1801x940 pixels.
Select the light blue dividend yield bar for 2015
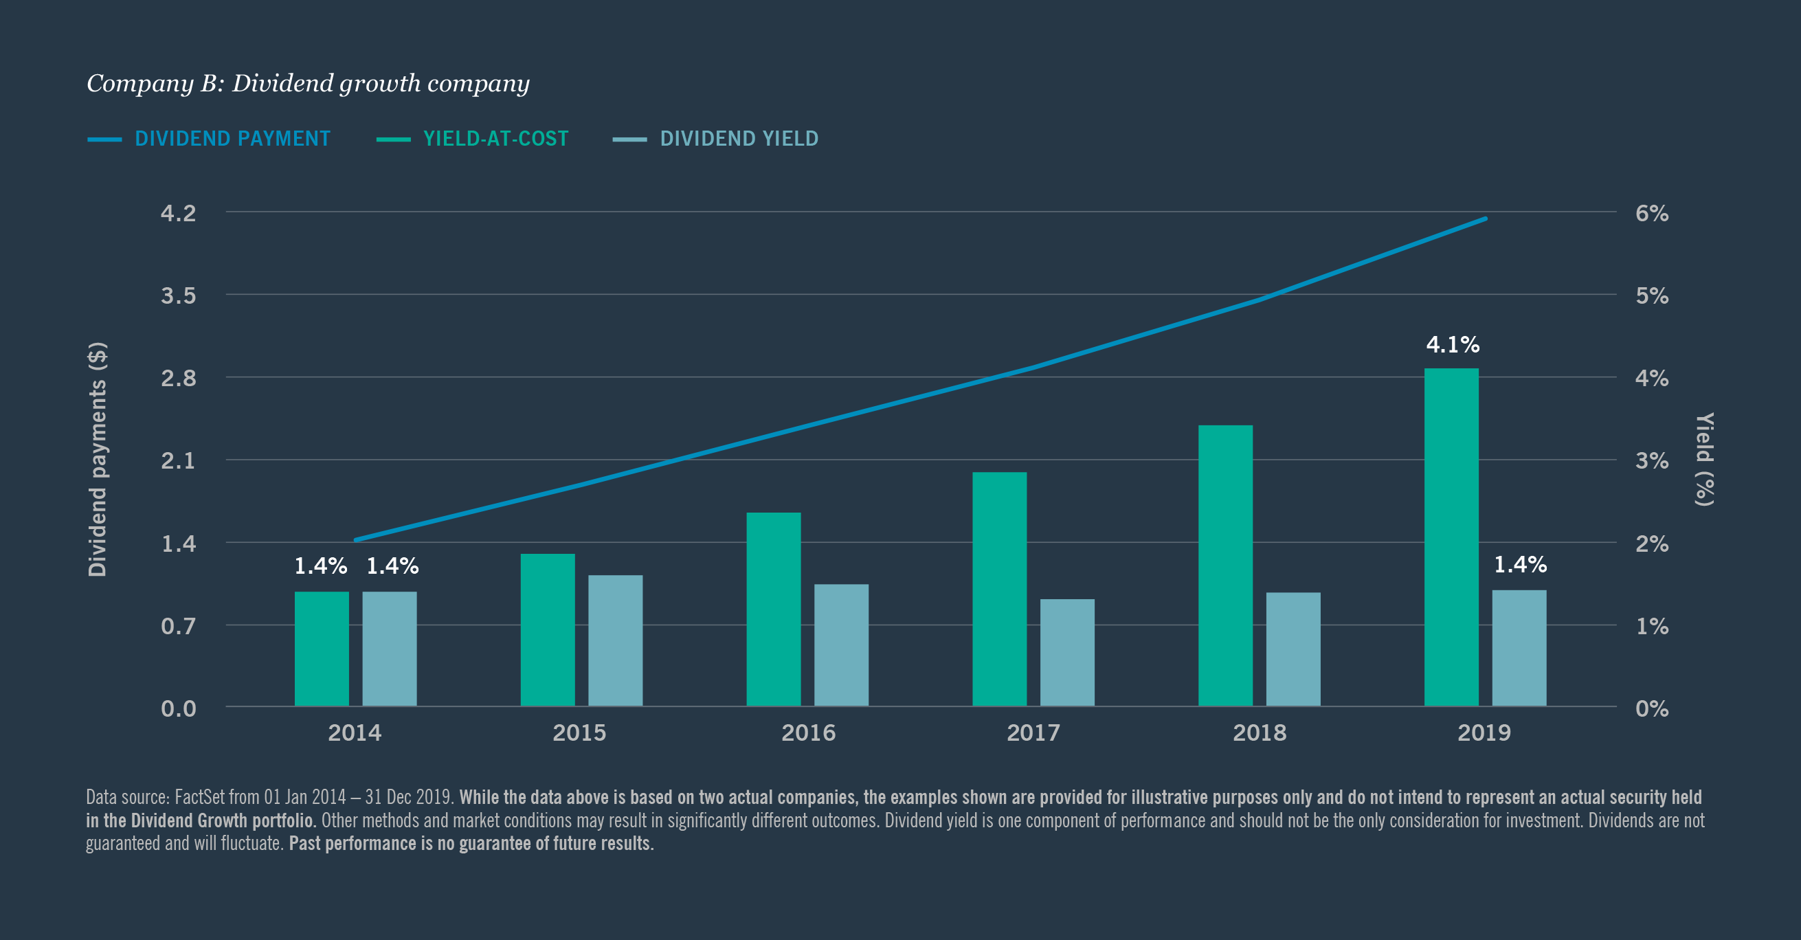pos(615,640)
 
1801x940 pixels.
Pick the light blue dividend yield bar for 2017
pos(1067,652)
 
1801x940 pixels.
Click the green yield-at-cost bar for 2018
pos(1225,566)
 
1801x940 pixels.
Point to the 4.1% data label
pos(1452,344)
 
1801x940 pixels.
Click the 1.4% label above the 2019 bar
pos(1520,565)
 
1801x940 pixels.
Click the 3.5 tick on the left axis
pos(178,295)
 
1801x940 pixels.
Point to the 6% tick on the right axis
pos(1651,213)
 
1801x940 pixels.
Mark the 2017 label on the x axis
pos(1033,733)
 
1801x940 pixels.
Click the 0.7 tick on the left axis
pos(178,626)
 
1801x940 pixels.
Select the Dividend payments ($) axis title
pos(97,459)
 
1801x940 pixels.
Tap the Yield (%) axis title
pos(1704,459)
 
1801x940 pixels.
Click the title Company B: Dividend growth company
pos(308,83)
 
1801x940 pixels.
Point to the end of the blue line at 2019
pos(1484,219)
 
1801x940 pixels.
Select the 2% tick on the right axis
pos(1651,544)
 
